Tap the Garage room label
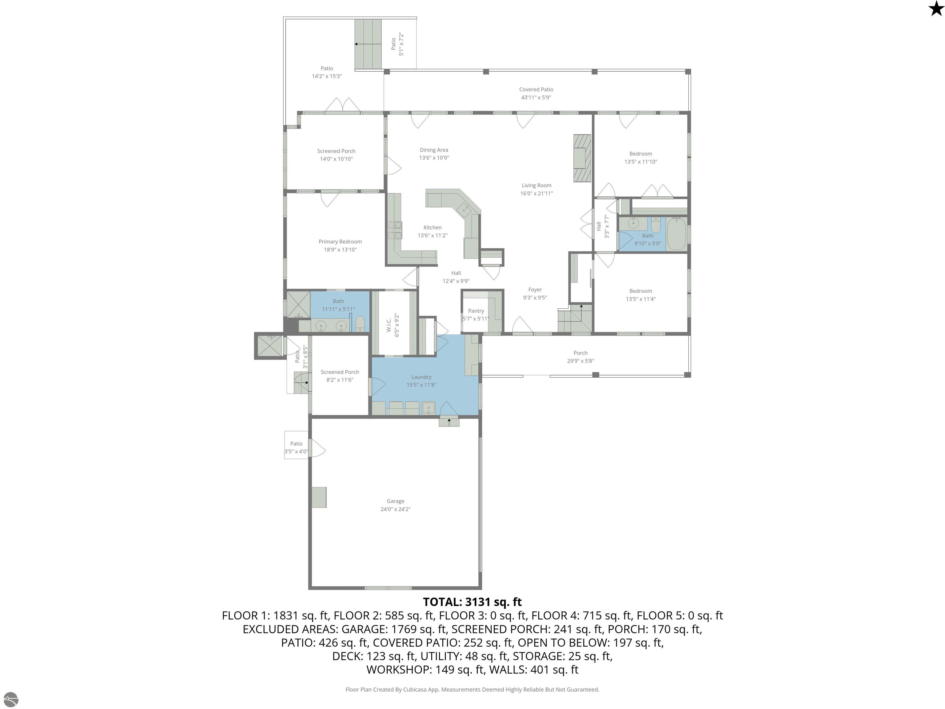point(395,501)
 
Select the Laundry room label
point(421,377)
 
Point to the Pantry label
point(476,311)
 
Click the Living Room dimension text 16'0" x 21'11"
point(536,193)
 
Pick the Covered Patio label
point(536,89)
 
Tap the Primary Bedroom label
point(340,242)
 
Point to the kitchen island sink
point(464,210)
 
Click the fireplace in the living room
point(582,158)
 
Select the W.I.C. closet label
point(389,324)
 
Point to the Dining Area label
point(434,150)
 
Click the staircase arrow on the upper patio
point(367,44)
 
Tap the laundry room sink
point(429,408)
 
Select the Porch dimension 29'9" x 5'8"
point(580,361)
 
